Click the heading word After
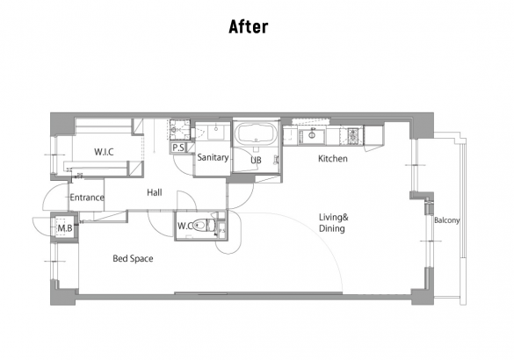[x=248, y=26]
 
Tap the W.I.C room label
[x=104, y=152]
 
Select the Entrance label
[x=87, y=198]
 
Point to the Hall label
[x=155, y=192]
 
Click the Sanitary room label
[x=213, y=157]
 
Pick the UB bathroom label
[x=256, y=160]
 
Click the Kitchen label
[x=333, y=159]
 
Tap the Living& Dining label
[x=334, y=223]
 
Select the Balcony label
[x=447, y=220]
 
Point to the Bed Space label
[x=133, y=258]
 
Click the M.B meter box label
[x=64, y=228]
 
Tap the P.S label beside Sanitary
[x=178, y=148]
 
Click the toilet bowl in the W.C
[x=199, y=226]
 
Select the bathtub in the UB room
[x=256, y=133]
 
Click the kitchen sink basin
[x=313, y=136]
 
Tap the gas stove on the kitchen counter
[x=353, y=135]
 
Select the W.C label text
[x=185, y=226]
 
